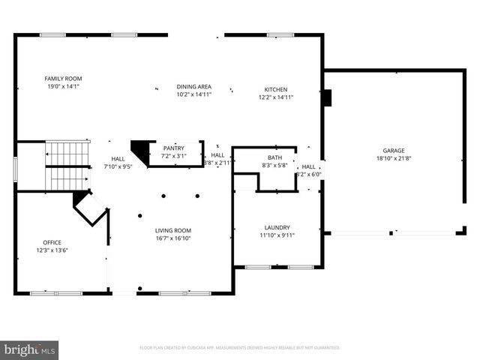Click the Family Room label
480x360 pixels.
point(63,79)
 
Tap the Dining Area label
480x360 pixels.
point(194,86)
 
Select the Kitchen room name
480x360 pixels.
point(275,89)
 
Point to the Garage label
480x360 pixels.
point(394,150)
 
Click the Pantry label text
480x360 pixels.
point(174,148)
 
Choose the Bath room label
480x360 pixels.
point(275,157)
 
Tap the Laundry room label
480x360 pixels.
point(277,227)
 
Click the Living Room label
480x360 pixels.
point(173,230)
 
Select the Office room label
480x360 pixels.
point(52,242)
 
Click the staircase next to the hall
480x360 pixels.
point(68,166)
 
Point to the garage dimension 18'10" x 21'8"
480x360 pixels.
point(394,158)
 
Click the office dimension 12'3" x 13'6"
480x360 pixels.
point(52,250)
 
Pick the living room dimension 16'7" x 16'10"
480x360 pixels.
point(173,238)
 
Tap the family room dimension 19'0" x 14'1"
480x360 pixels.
point(63,87)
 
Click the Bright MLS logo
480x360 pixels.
point(30,349)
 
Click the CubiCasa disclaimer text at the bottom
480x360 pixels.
point(240,348)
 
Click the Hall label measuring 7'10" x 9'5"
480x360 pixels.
point(118,159)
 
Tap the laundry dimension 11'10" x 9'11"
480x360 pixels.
point(277,235)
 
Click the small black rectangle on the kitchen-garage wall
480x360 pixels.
point(326,97)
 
